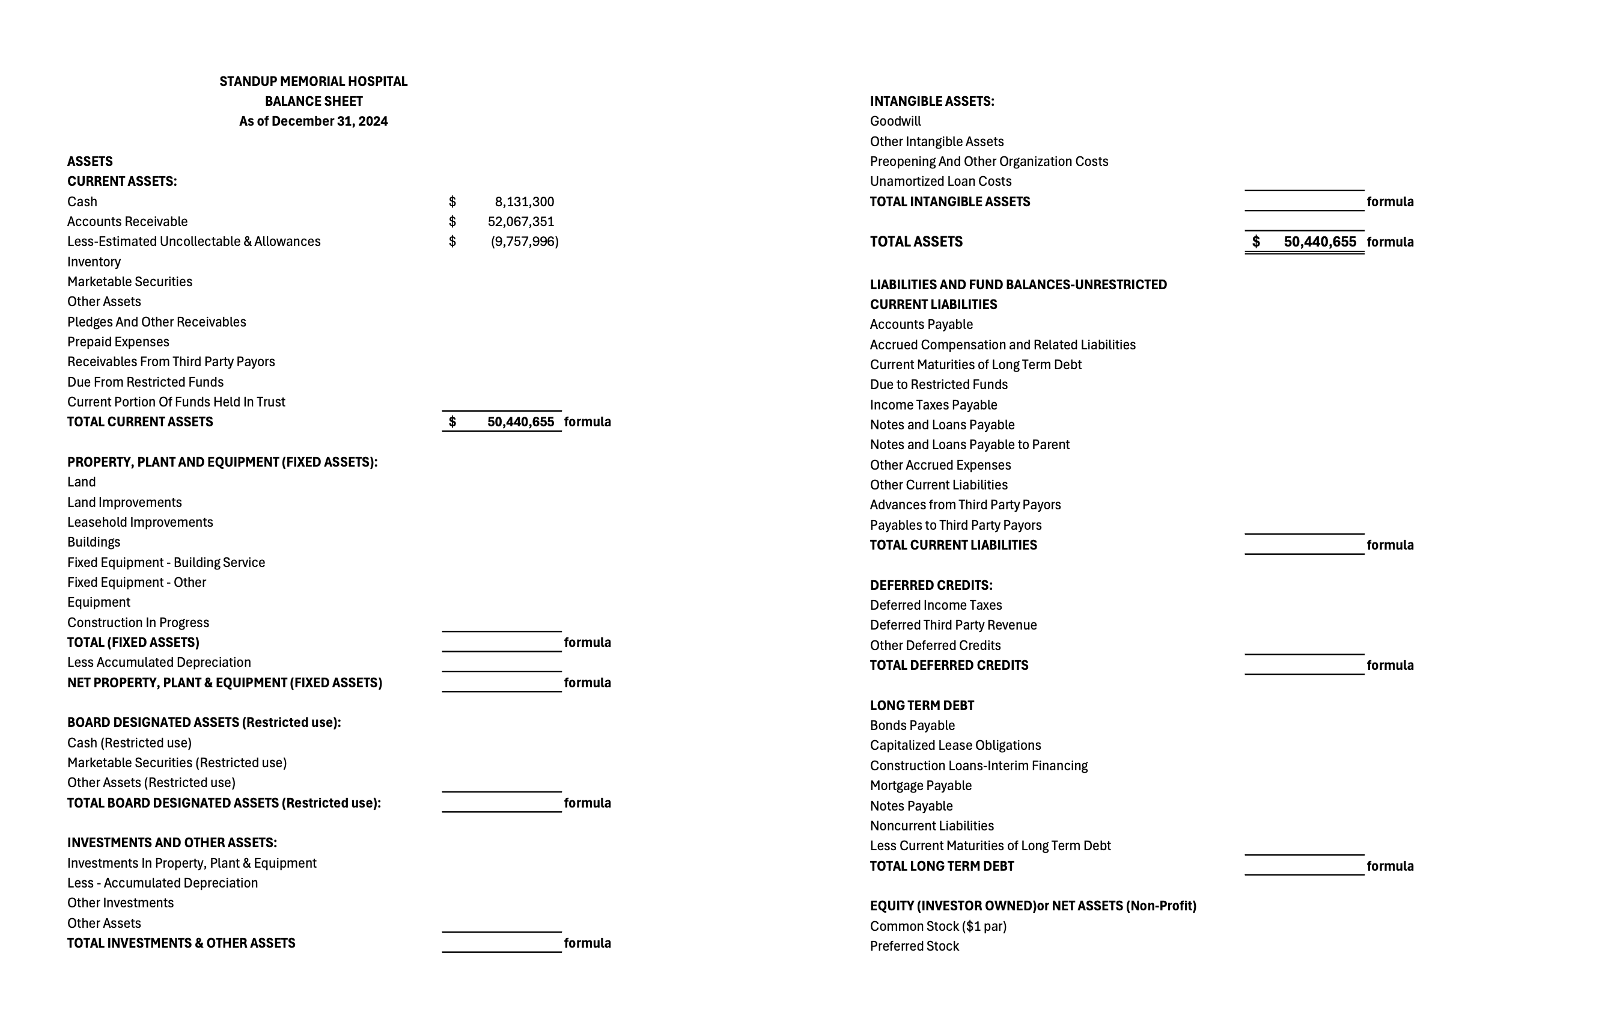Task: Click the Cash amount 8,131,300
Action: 523,201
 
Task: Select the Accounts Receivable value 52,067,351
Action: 520,222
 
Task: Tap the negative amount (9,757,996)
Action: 524,242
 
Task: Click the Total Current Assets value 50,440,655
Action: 520,422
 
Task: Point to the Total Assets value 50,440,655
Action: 1319,242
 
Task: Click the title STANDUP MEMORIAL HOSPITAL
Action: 313,81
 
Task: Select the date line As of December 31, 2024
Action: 313,121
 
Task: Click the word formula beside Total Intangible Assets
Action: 1390,201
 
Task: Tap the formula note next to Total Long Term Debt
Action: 1390,866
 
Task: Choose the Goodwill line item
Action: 895,121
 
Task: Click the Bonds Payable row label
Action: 912,726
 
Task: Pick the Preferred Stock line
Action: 914,946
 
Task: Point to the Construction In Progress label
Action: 138,622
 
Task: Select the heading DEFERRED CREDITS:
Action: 931,585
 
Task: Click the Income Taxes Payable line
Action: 933,405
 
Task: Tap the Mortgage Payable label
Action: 921,785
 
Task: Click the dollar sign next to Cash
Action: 452,201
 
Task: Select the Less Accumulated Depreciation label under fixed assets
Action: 159,662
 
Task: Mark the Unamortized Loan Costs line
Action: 941,181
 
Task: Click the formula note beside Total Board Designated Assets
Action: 586,803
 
